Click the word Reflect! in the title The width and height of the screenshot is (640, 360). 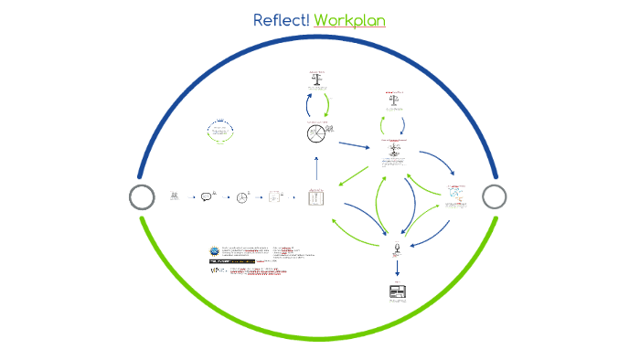coord(281,20)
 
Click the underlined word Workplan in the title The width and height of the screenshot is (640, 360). coord(349,20)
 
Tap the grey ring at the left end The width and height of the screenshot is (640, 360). coord(142,196)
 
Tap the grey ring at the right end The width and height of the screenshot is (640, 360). coord(494,196)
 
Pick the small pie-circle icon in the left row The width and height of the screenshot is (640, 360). coord(242,196)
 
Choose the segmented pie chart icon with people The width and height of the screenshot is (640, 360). coord(316,133)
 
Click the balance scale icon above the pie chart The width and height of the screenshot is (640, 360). coord(317,79)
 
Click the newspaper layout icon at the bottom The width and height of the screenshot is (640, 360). coord(398,292)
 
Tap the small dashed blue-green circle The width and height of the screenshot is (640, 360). coord(220,131)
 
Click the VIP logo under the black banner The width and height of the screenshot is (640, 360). coord(216,271)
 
